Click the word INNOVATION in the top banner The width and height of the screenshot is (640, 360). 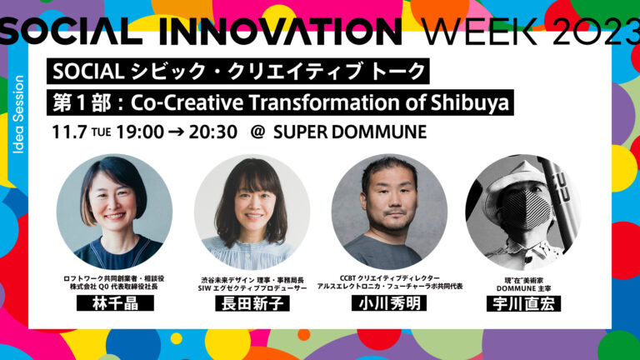click(x=277, y=29)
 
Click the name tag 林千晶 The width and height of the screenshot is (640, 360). click(x=114, y=303)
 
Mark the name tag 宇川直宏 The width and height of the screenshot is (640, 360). click(x=523, y=303)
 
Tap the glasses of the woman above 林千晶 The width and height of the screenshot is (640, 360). click(x=115, y=200)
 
